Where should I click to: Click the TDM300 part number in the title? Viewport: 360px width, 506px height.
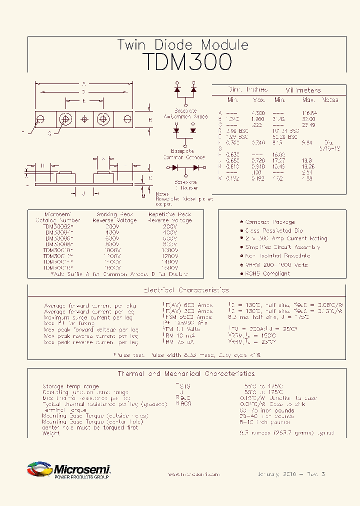point(187,62)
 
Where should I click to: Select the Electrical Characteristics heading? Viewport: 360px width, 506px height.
point(186,290)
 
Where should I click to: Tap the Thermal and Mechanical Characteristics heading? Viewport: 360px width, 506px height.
point(186,373)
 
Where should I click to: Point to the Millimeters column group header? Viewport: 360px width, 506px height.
point(303,90)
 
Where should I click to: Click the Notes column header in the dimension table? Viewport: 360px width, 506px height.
point(330,100)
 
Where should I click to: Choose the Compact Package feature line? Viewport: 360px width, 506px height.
point(269,222)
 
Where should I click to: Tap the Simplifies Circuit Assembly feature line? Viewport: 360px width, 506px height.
point(282,247)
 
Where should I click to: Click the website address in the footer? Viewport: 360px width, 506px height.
point(193,474)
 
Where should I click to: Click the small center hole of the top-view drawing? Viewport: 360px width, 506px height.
point(84,119)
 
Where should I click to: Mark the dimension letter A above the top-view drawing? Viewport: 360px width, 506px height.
point(84,83)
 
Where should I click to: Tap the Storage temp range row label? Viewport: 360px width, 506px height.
point(70,386)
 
